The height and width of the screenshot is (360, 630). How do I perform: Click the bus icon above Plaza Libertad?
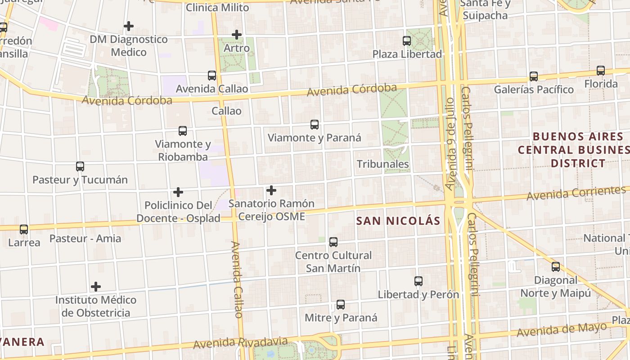click(407, 41)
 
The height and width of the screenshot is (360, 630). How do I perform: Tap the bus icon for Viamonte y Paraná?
click(315, 125)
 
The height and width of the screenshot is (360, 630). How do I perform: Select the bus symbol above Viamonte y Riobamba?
click(183, 131)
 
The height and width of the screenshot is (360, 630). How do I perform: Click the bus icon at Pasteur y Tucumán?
click(80, 166)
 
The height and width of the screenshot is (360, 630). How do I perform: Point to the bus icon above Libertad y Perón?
click(418, 281)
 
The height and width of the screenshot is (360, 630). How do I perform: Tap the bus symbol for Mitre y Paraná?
click(341, 305)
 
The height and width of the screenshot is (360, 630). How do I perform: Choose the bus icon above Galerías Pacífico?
click(534, 76)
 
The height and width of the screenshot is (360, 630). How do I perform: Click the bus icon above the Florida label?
click(601, 71)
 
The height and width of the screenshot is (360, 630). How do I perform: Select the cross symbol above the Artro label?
click(237, 35)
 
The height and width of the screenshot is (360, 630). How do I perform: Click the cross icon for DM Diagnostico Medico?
click(129, 26)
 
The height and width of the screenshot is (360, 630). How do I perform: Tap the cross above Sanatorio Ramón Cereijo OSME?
click(271, 190)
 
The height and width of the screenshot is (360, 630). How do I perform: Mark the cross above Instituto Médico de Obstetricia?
click(96, 287)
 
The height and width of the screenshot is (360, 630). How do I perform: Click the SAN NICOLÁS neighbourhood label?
click(398, 221)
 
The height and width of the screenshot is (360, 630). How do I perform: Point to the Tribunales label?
click(383, 164)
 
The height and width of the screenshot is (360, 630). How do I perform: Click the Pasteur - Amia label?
click(85, 238)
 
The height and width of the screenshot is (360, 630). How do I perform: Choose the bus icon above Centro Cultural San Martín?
click(333, 242)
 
